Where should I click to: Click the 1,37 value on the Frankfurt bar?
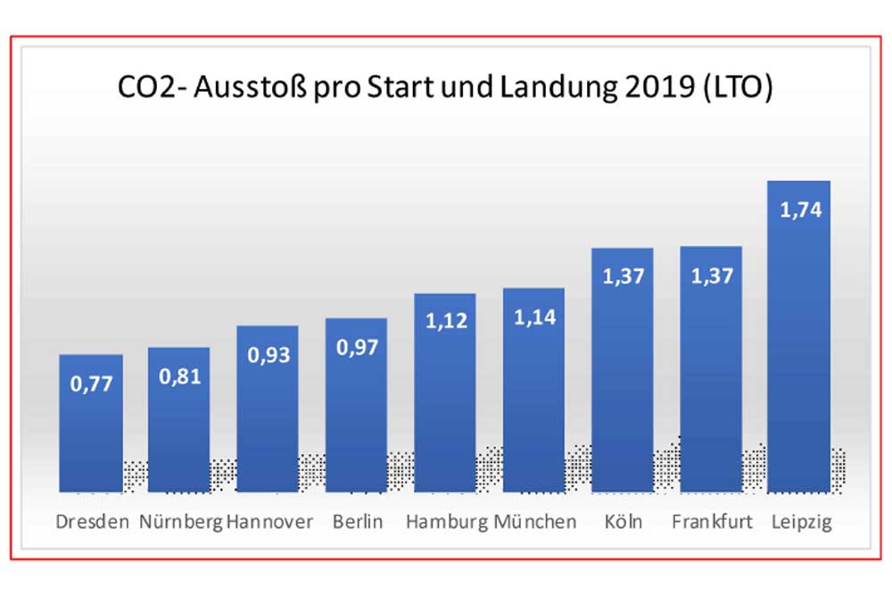pyautogui.click(x=711, y=277)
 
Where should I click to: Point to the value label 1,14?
pyautogui.click(x=533, y=318)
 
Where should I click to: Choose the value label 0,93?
pyautogui.click(x=268, y=355)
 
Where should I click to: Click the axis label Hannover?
pyautogui.click(x=270, y=522)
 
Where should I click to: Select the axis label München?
pyautogui.click(x=535, y=522)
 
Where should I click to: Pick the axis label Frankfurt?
pyautogui.click(x=711, y=522)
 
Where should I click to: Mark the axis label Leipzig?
pyautogui.click(x=800, y=522)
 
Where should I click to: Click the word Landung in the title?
pyautogui.click(x=556, y=89)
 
